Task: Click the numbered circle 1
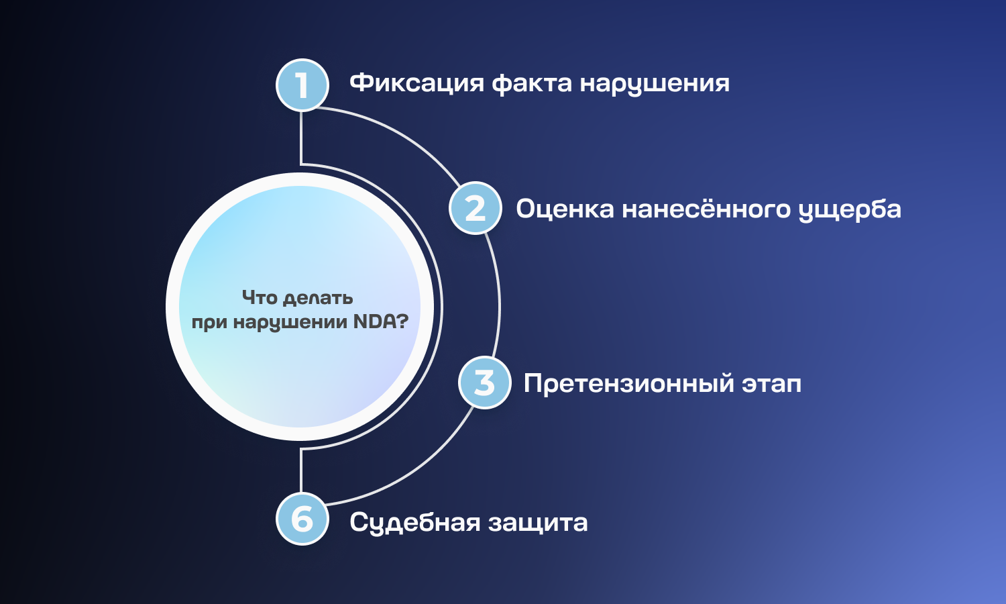[302, 85]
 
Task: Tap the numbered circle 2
[475, 208]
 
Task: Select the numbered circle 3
[485, 383]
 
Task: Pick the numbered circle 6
[302, 519]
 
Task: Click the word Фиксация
[416, 84]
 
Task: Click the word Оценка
[565, 209]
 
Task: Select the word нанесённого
[706, 208]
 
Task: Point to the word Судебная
[414, 522]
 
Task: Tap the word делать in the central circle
[319, 299]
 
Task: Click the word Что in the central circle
[260, 297]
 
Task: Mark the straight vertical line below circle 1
[301, 138]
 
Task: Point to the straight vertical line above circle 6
[301, 470]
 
